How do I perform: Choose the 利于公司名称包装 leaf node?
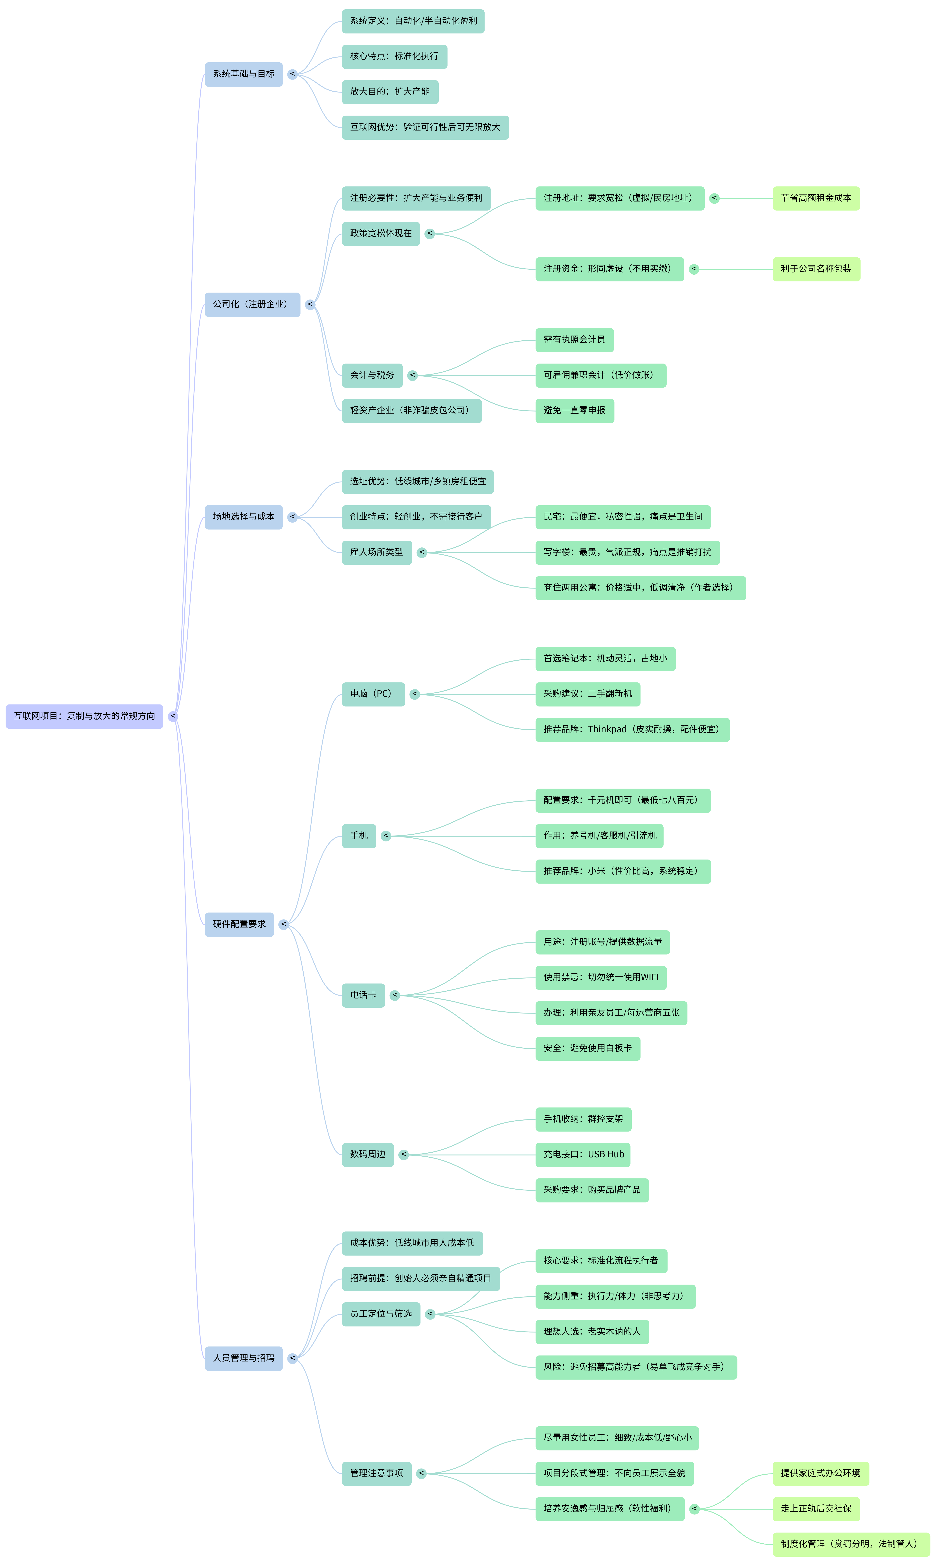[x=816, y=269]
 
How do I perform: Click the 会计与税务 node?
[x=372, y=375]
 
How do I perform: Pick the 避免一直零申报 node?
[x=574, y=411]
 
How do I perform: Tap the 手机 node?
[x=359, y=836]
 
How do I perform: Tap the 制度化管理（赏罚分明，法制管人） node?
[x=851, y=1544]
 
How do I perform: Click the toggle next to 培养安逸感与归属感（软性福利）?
[x=694, y=1509]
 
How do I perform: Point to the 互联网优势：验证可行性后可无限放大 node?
[x=425, y=127]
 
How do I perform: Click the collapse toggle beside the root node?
[x=173, y=716]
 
